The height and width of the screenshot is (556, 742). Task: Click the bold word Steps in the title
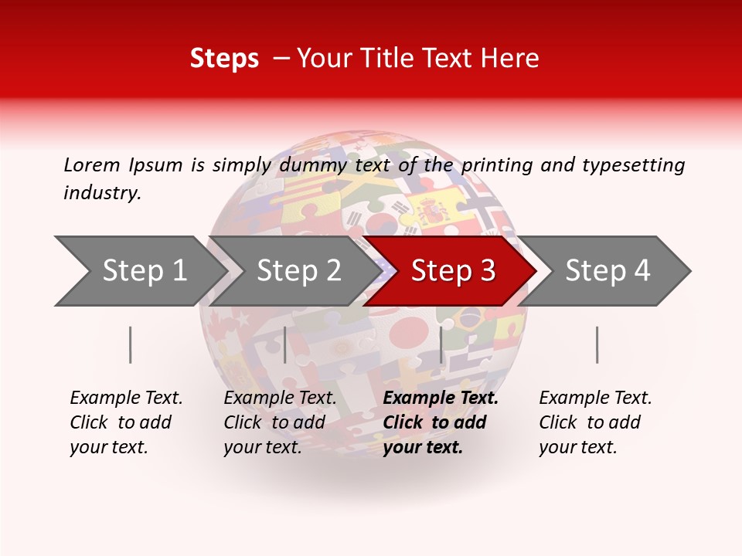coord(224,59)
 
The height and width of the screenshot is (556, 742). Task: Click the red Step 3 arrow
coord(453,270)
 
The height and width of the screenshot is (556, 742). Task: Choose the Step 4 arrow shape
coord(608,270)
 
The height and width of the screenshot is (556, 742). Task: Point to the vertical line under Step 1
coord(131,344)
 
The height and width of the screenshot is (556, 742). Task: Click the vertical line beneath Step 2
coord(285,344)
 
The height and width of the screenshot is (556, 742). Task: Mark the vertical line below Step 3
coord(441,344)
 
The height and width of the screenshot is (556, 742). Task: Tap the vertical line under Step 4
coord(597,344)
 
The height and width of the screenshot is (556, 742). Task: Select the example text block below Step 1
coord(126,422)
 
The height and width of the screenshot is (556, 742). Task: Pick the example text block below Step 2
coord(280,422)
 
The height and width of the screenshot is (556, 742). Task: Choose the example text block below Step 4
coord(595,422)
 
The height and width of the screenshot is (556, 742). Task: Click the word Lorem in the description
coord(92,164)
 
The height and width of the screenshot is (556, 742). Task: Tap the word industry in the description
coord(102,193)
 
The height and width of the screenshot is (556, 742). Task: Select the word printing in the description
coord(499,165)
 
